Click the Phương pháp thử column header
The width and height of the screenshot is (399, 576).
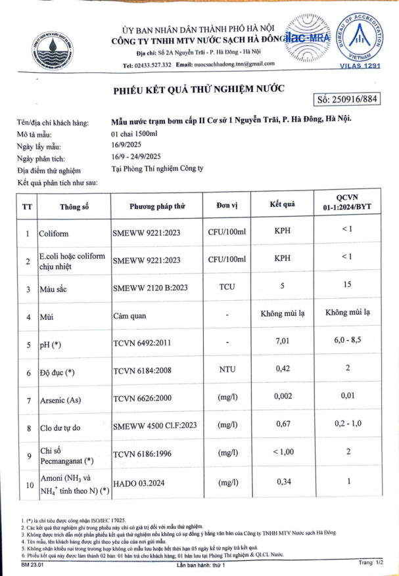point(158,206)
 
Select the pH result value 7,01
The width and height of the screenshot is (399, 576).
point(282,342)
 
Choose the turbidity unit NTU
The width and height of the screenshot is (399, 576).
point(226,371)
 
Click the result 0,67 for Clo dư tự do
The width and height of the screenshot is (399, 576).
point(282,428)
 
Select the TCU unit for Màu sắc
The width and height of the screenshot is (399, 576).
point(226,287)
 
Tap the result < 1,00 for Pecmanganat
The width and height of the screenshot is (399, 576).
point(282,453)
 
